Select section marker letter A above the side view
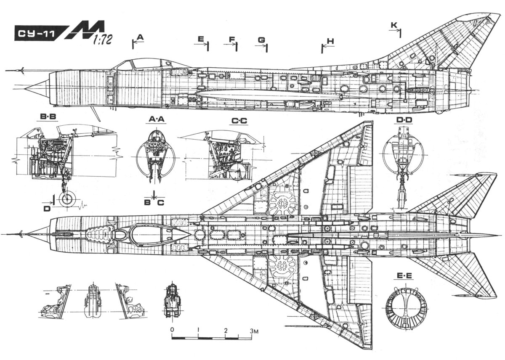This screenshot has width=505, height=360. (141, 37)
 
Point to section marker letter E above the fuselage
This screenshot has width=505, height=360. (201, 39)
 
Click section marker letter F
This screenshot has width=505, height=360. (232, 39)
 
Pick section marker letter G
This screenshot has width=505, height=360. (262, 40)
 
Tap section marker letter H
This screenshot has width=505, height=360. (330, 41)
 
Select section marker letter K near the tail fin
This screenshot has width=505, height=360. (393, 26)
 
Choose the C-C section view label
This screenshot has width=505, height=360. (239, 121)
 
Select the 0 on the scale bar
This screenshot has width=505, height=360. (172, 329)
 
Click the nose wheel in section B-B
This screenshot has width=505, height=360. (67, 199)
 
